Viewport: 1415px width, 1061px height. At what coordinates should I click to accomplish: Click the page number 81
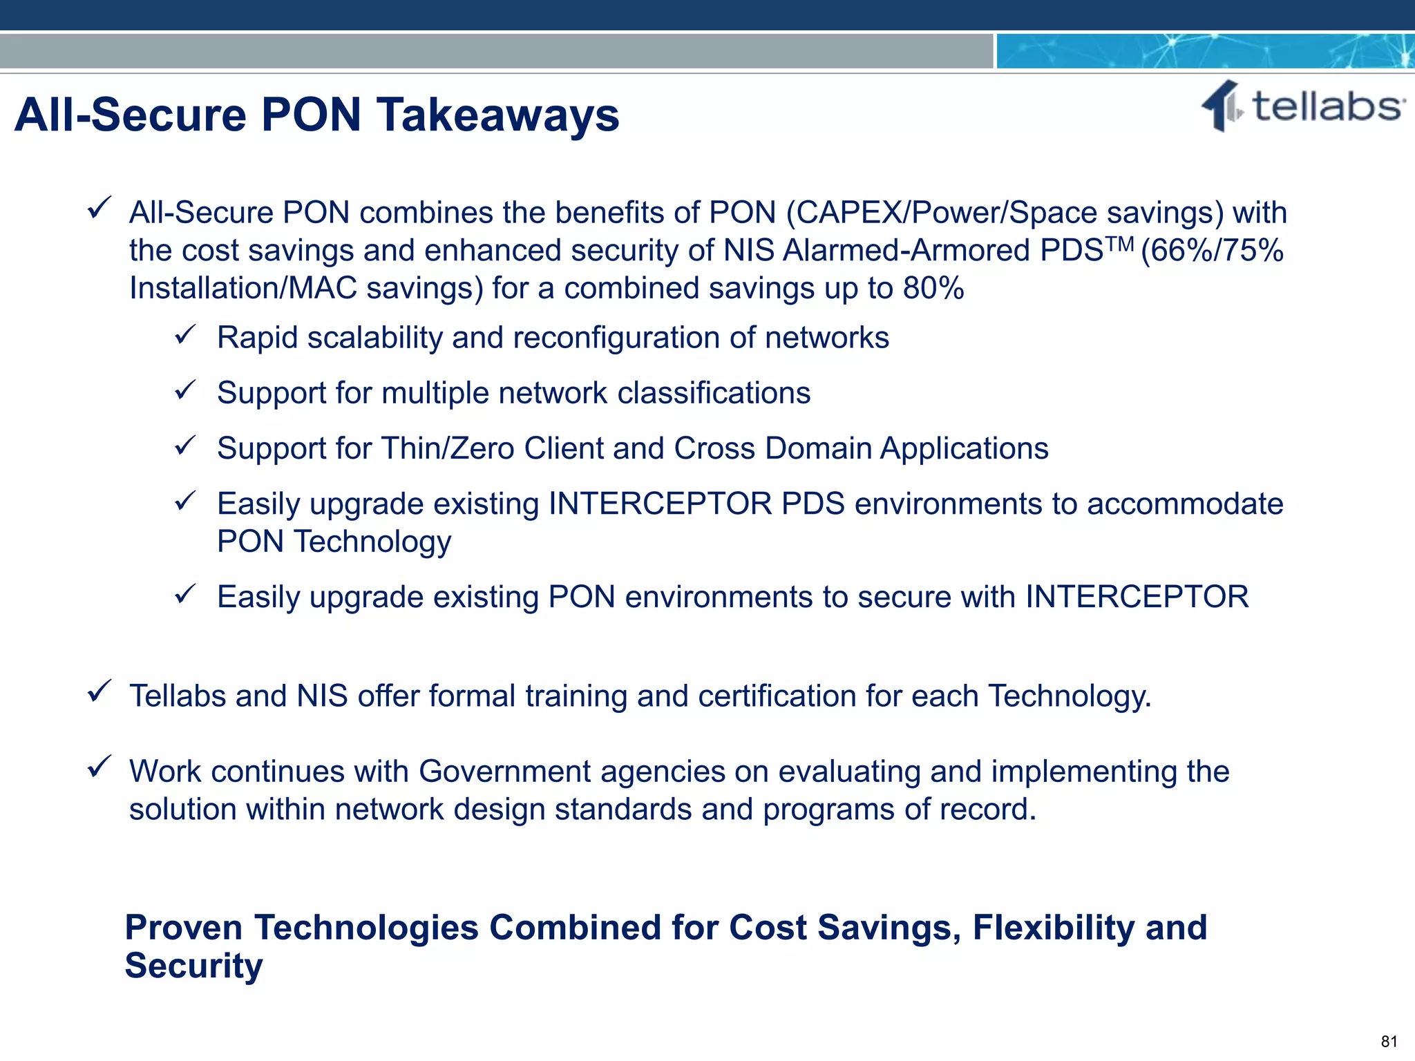[x=1389, y=1042]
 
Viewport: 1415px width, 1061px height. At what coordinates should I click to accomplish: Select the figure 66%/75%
[x=1213, y=250]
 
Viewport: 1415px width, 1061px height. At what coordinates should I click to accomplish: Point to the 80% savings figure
[x=933, y=288]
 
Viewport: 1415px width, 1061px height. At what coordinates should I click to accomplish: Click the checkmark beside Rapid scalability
[x=185, y=336]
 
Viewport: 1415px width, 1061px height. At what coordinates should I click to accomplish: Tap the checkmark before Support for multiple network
[x=185, y=392]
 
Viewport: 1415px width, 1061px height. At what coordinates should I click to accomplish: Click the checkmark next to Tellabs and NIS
[x=99, y=691]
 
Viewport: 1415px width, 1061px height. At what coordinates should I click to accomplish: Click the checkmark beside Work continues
[x=99, y=767]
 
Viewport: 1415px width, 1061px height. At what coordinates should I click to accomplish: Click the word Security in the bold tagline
[x=193, y=966]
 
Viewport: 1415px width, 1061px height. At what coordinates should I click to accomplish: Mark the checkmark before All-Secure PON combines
[x=99, y=208]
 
